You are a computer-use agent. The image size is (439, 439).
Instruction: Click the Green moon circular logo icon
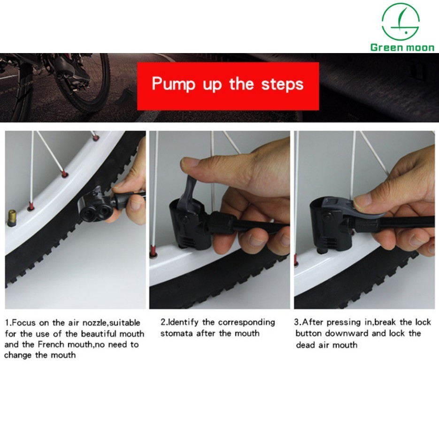click(400, 22)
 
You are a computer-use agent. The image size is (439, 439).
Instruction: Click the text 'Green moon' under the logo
click(402, 47)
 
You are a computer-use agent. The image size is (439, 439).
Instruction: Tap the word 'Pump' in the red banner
click(173, 84)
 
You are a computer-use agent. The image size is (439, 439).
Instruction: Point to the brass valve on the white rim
click(11, 217)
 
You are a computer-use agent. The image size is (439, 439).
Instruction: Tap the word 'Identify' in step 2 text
click(183, 322)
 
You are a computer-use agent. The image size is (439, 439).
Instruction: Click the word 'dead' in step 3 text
click(305, 345)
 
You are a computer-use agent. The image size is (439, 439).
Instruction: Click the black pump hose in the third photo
click(406, 222)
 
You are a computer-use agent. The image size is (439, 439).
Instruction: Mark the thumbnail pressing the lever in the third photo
click(363, 200)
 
